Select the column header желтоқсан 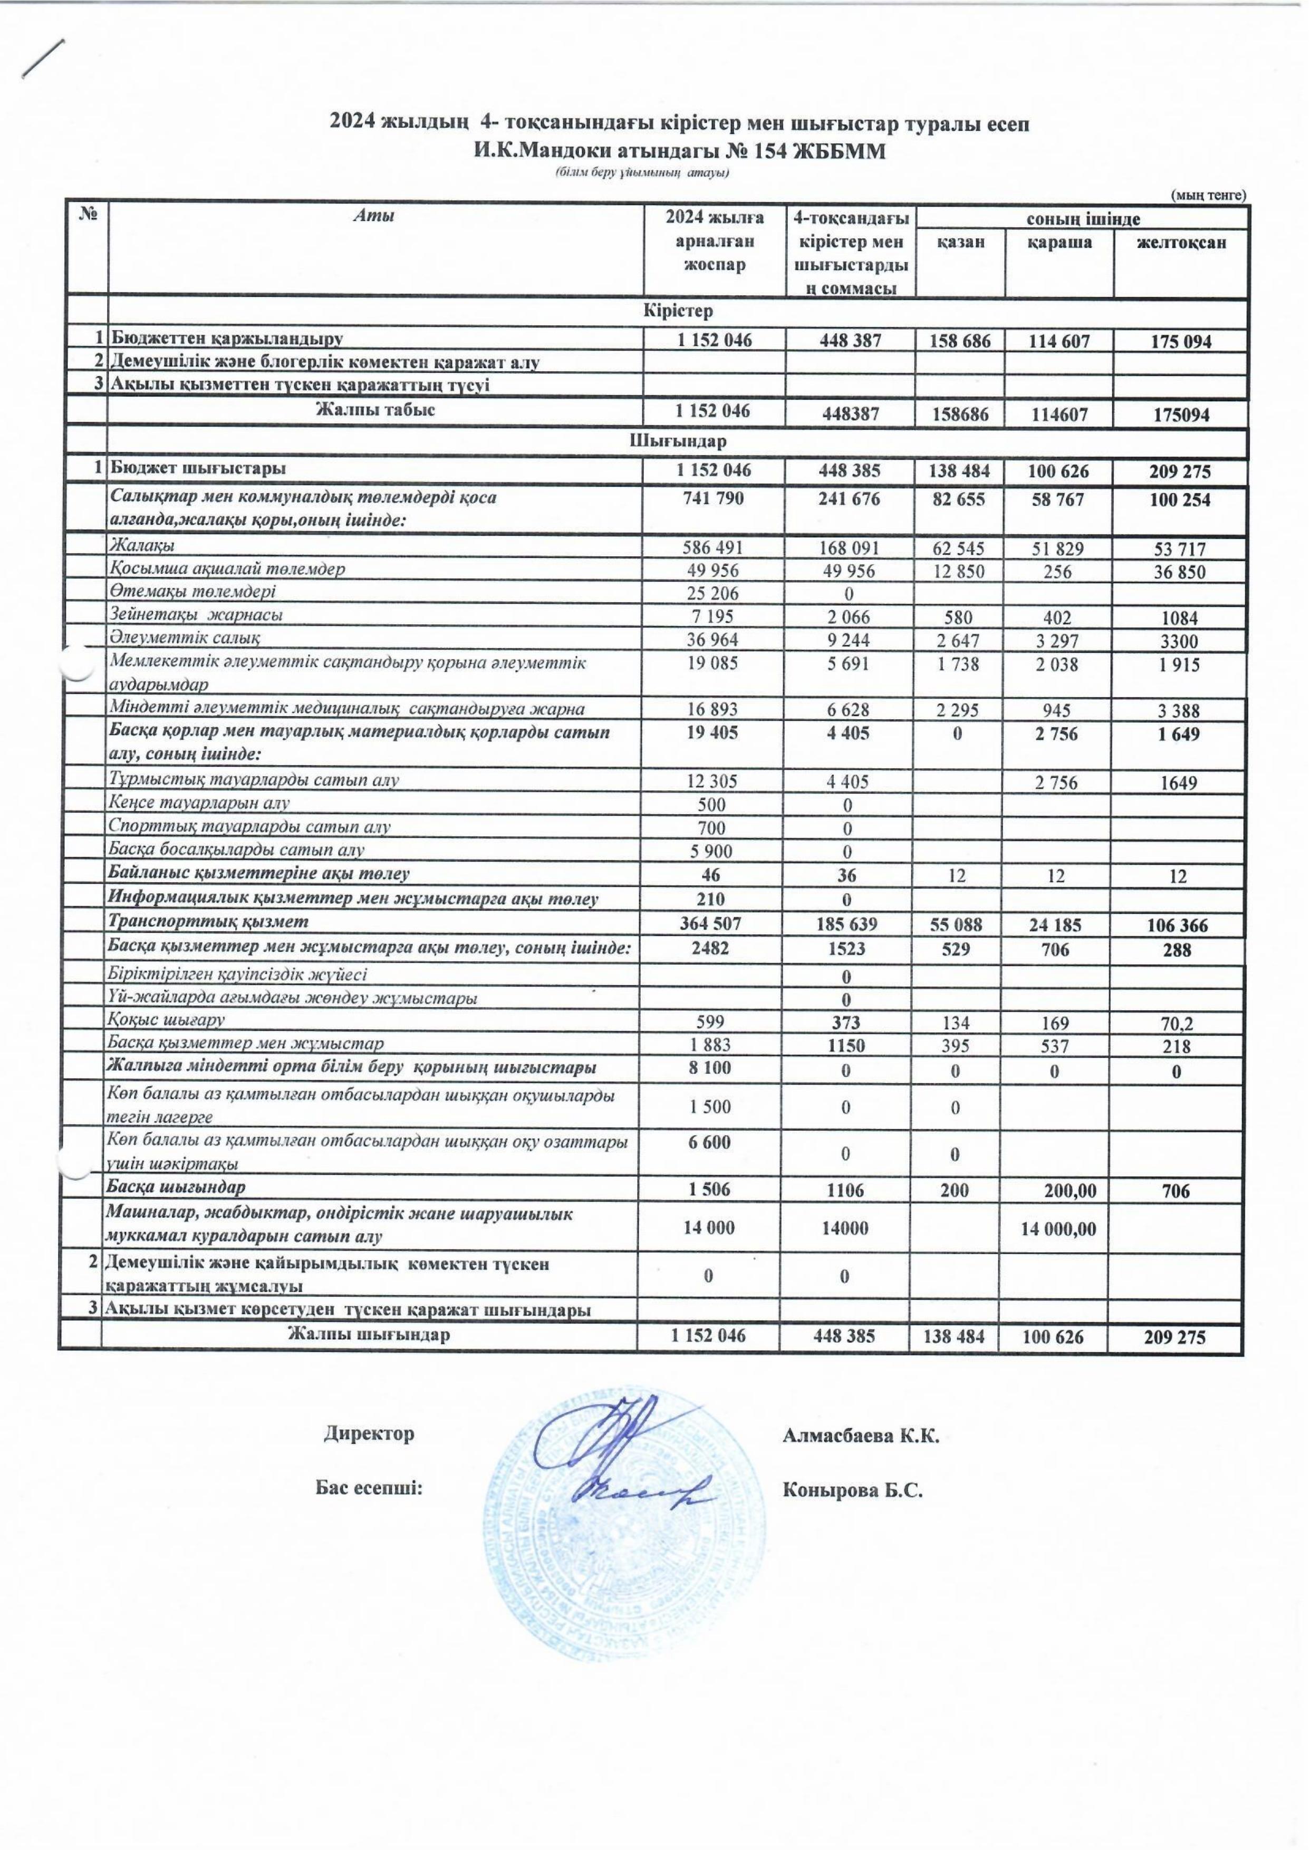click(x=1181, y=243)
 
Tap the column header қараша click(x=1059, y=242)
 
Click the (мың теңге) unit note click(x=1208, y=195)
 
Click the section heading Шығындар click(x=678, y=442)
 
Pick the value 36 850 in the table click(x=1179, y=572)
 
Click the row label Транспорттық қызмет click(x=210, y=921)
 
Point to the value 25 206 click(x=714, y=594)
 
